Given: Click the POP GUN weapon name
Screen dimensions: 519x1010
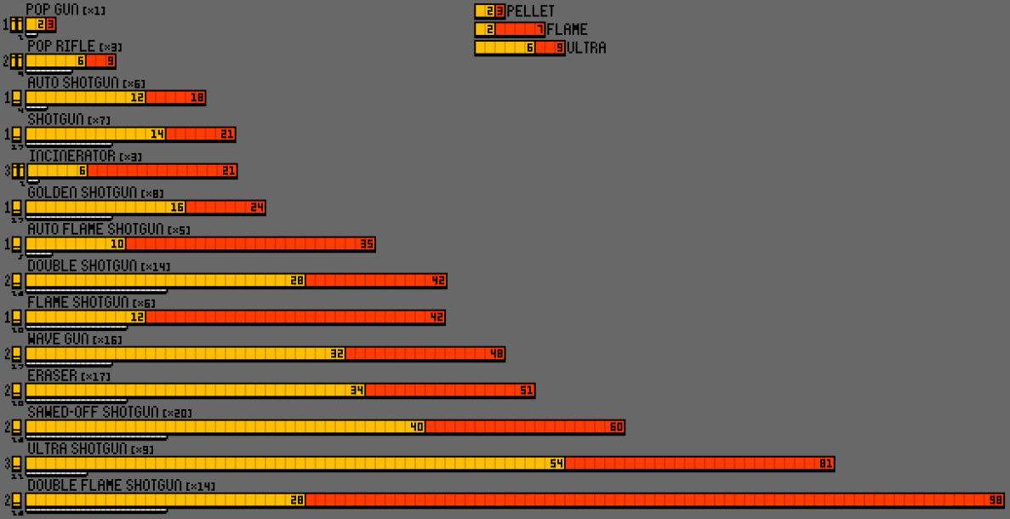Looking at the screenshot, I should point(52,9).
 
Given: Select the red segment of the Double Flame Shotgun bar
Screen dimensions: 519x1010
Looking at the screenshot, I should point(647,500).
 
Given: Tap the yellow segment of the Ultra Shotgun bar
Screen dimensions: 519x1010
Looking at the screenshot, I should point(289,464).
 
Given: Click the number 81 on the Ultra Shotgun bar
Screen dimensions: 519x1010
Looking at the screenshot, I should point(825,464).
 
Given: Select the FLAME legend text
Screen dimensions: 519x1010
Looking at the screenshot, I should point(567,30).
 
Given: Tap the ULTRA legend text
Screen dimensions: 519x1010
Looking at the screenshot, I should point(586,48).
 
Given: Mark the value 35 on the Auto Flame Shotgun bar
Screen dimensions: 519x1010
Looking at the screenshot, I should point(367,244).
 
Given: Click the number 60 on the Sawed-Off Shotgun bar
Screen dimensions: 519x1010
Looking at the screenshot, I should point(616,427).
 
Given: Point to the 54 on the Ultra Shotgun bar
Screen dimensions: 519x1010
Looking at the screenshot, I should point(557,464).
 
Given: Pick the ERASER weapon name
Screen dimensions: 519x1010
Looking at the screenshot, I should point(52,375).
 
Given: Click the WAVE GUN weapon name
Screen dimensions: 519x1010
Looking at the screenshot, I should point(58,339).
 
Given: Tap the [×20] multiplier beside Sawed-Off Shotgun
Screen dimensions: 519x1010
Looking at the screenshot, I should point(178,413).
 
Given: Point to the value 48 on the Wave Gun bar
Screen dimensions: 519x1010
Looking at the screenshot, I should point(497,354).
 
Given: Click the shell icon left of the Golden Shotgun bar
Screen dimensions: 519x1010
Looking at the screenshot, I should point(16,208).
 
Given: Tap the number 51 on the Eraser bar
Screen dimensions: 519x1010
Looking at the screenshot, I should point(527,391).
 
